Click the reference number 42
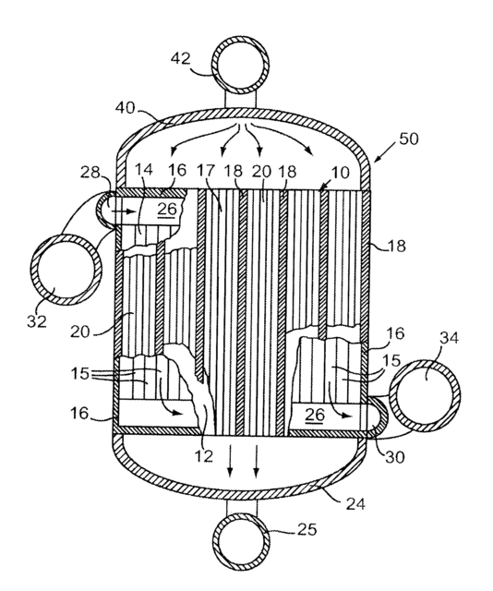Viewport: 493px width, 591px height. pos(181,59)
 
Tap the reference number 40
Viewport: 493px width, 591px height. pos(126,108)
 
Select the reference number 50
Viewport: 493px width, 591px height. pos(409,139)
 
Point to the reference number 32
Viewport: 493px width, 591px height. pos(37,321)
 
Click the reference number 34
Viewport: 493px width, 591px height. pos(450,338)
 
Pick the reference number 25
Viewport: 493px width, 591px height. pos(307,530)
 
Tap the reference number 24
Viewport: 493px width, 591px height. pos(355,503)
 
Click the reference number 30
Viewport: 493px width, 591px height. pos(394,457)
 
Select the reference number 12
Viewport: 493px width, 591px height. pos(203,456)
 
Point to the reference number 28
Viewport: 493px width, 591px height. pos(90,173)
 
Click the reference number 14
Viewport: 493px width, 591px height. pos(144,170)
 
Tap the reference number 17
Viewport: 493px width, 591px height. pos(206,171)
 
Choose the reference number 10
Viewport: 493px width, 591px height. pos(341,173)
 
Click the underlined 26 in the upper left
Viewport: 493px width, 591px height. pos(167,209)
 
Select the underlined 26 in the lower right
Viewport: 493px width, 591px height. pos(315,415)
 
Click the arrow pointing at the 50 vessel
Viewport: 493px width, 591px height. pos(385,152)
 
